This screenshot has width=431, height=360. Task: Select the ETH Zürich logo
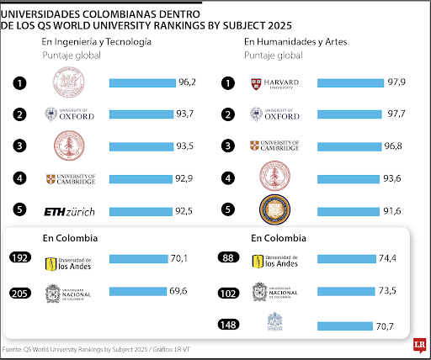click(x=72, y=209)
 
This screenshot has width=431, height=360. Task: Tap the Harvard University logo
click(x=276, y=82)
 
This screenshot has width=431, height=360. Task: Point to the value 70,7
click(x=386, y=325)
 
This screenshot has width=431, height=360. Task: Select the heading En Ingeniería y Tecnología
click(x=97, y=41)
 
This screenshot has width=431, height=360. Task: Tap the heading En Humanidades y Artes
click(x=295, y=41)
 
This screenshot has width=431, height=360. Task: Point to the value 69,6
click(x=178, y=291)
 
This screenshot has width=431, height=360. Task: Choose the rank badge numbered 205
click(x=21, y=292)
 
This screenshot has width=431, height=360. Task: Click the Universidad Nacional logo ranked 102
click(x=276, y=292)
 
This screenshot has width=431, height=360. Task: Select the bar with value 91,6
click(x=347, y=209)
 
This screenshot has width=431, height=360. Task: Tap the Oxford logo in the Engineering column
click(x=72, y=114)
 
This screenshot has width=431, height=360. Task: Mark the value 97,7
click(x=396, y=114)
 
